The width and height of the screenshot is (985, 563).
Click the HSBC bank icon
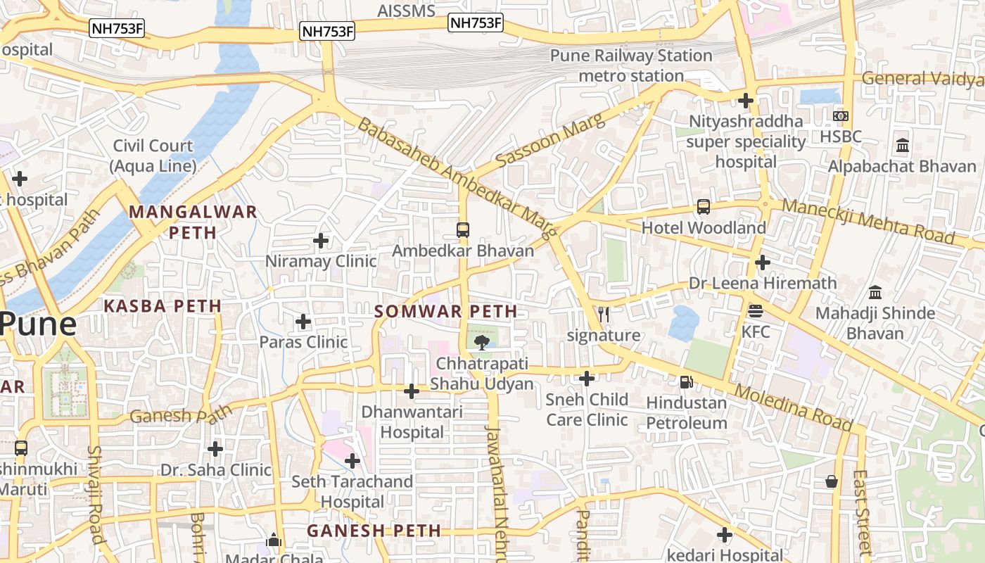coord(840,116)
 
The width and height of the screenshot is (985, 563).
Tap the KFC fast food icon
coord(756,310)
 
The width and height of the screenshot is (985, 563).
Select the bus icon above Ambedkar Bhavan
coord(462,229)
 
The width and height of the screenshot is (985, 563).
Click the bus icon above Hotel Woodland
coord(703,207)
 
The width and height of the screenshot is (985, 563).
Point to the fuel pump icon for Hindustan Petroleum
coord(686,382)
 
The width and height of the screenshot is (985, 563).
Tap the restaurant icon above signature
coord(603,315)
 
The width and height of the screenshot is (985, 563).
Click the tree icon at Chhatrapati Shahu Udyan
coord(482,343)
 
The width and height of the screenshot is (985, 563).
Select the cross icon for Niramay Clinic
coord(321,241)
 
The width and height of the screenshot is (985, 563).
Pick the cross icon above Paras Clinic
coord(303,322)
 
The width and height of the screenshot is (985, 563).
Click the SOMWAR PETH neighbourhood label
coord(446,311)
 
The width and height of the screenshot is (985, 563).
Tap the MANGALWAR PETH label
coord(193,222)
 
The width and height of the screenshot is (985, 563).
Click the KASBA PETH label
coord(163,306)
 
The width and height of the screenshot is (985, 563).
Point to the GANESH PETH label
coord(374,531)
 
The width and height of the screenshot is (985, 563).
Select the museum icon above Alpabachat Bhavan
coord(902,146)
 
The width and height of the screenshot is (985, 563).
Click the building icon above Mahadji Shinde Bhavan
coord(875,292)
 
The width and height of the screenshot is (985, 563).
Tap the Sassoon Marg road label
coord(549,141)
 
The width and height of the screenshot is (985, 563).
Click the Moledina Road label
coord(794,407)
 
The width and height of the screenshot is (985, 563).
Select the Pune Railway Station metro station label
coord(631,65)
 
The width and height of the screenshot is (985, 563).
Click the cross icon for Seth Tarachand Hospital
coord(352,461)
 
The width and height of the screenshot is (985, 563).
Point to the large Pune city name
coord(37,324)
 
